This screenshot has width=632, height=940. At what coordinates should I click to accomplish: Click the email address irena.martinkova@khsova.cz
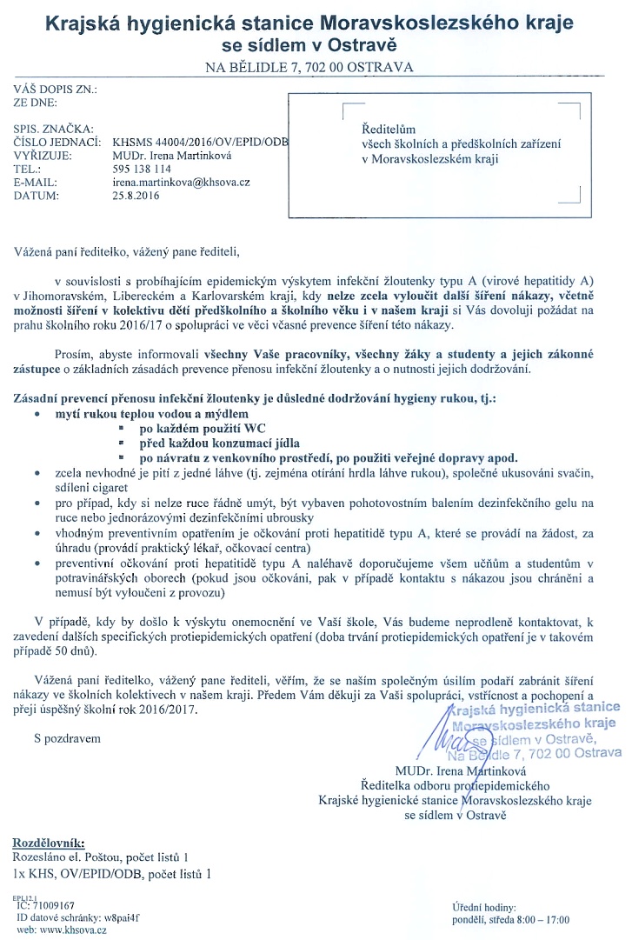pos(181,183)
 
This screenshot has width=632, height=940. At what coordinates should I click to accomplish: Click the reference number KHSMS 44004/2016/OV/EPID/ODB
pos(199,142)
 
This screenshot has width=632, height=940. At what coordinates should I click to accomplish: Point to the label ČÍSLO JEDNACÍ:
pos(51,142)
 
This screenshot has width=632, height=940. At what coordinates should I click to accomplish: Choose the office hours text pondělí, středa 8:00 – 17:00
pos(510,919)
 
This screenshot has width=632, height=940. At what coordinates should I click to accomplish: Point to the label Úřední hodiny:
pos(484,907)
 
